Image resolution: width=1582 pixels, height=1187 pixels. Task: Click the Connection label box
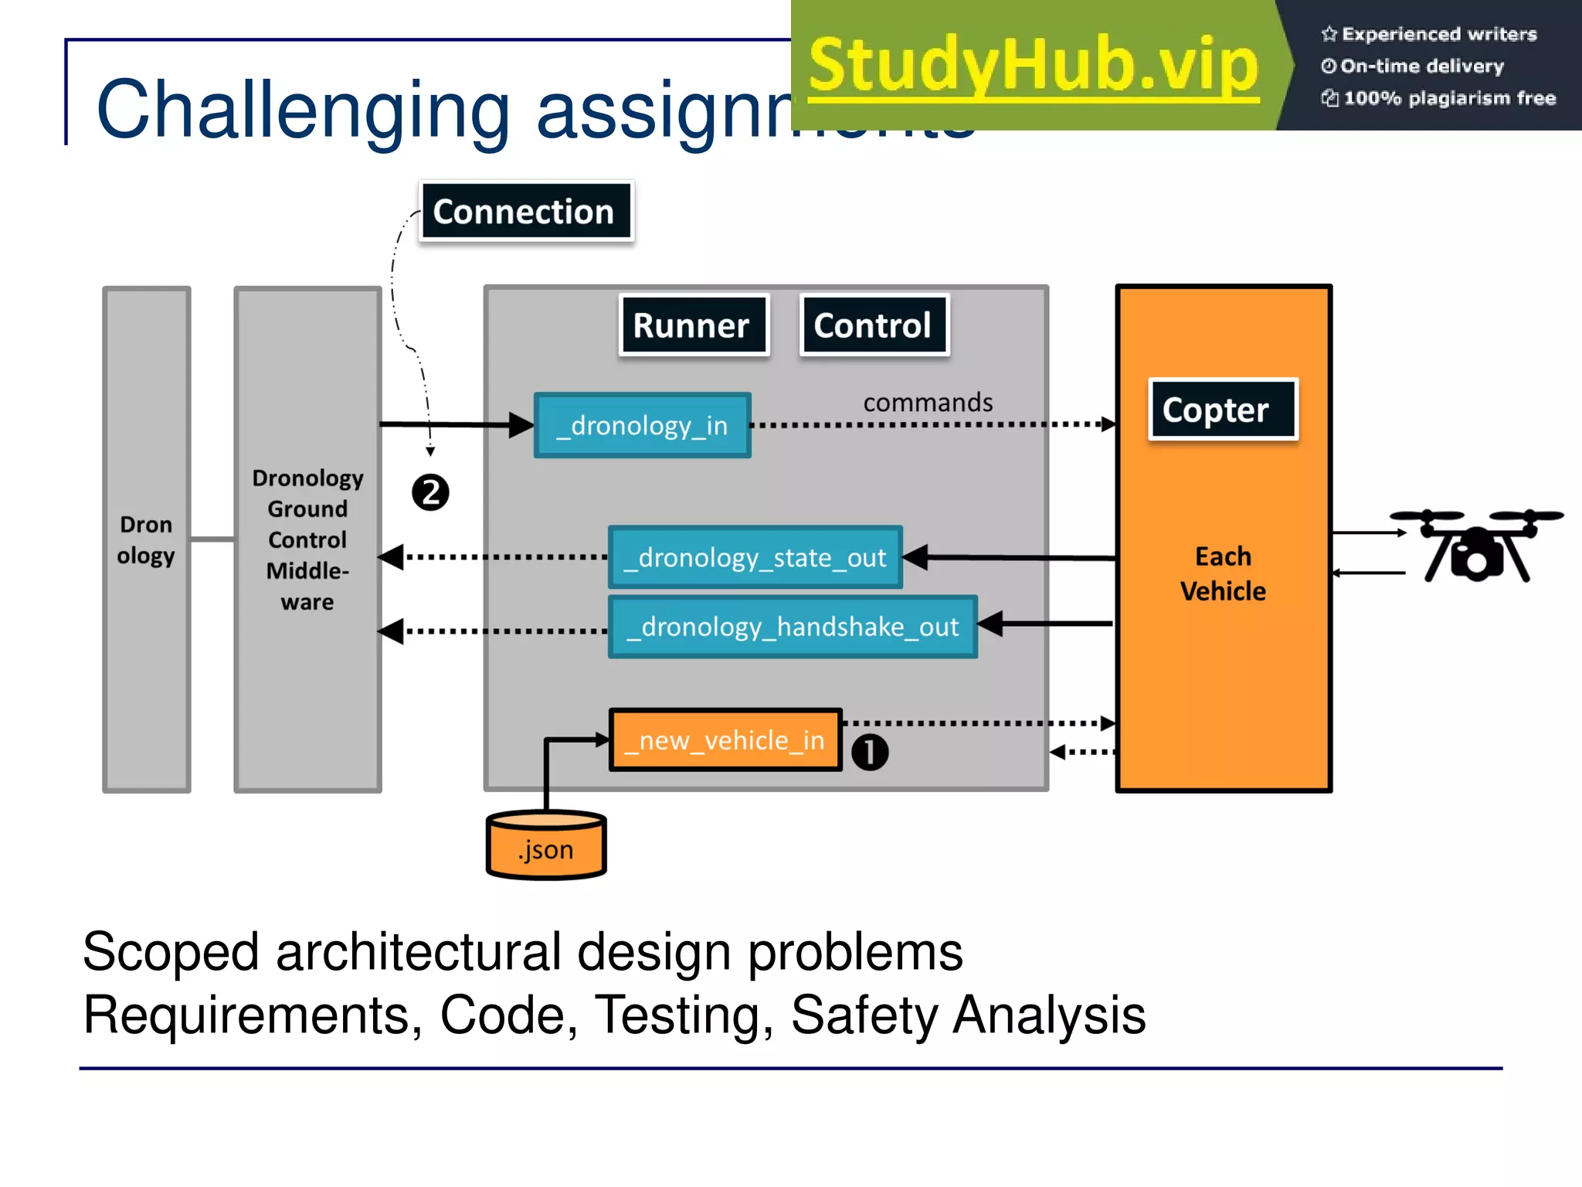point(525,212)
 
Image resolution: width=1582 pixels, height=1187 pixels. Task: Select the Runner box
point(693,325)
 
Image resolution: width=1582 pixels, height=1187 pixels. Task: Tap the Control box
point(874,325)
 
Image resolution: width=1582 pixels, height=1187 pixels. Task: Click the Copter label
point(1221,410)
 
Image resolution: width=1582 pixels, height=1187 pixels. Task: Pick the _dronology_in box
point(642,426)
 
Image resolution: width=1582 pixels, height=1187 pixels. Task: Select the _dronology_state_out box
point(755,558)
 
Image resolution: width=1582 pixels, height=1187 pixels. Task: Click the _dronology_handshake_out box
point(793,627)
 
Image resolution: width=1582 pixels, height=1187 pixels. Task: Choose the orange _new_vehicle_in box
point(725,740)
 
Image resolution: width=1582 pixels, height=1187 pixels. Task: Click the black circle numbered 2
point(430,492)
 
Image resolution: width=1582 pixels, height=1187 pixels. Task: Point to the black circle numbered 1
point(870,752)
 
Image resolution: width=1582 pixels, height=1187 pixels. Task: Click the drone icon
point(1475,545)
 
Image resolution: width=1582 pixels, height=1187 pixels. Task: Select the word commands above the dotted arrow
point(928,403)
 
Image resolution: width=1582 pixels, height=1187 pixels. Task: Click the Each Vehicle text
point(1223,573)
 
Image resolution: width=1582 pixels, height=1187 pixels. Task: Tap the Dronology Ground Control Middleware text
point(307,539)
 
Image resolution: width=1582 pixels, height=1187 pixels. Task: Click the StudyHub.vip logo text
point(1034,65)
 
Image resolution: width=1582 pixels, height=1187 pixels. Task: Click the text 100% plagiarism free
point(1449,98)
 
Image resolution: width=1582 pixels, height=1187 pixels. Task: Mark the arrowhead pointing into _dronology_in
point(521,425)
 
